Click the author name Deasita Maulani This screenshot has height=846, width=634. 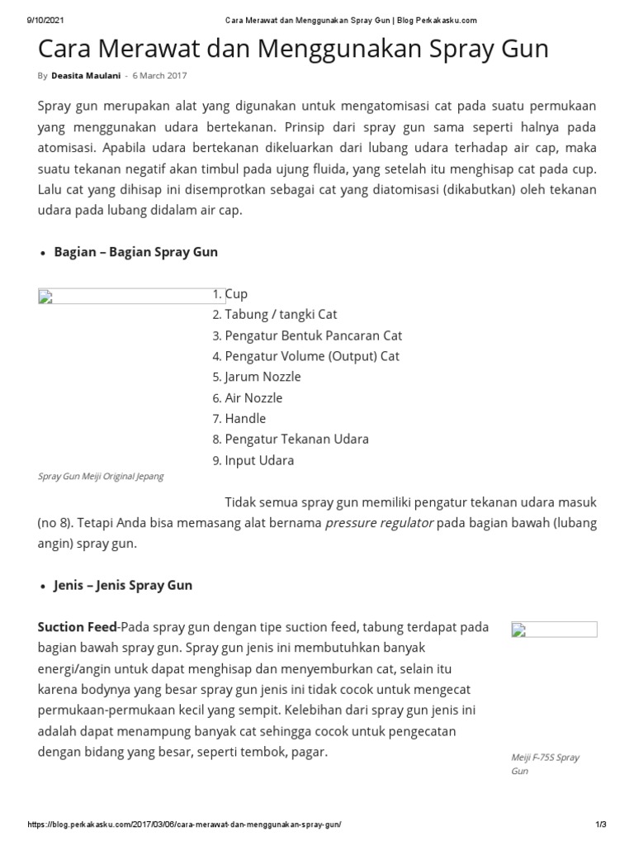point(85,76)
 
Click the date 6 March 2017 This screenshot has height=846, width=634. point(159,76)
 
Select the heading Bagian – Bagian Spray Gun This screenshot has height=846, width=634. point(135,252)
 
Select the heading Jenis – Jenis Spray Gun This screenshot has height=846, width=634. point(123,585)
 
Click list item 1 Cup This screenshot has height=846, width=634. point(236,294)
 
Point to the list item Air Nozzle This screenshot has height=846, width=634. point(253,397)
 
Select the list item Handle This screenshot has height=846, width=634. point(245,419)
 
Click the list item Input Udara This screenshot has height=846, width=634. point(259,460)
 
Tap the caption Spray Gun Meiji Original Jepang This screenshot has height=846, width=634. point(101,477)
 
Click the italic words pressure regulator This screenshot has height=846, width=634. point(379,524)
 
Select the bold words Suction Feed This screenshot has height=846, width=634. point(77,627)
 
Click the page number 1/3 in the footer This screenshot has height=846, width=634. point(601,826)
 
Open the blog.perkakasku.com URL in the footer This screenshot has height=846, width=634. point(184,826)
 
